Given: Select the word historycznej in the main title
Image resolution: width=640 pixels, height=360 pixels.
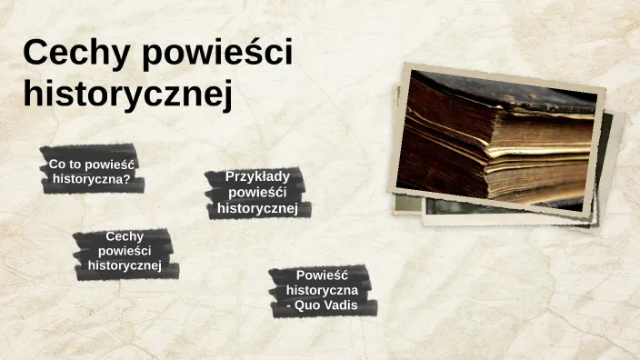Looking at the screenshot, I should click(127, 95).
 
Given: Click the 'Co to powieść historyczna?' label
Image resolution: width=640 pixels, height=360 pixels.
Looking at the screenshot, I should click(91, 171).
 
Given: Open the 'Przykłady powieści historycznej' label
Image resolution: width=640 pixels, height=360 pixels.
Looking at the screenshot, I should click(257, 192).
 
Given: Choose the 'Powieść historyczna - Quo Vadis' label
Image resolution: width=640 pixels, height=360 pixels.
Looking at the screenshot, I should click(322, 290).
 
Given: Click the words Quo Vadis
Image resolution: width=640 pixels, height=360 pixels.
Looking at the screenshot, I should click(326, 305).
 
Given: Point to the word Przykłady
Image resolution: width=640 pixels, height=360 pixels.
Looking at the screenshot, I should click(257, 176).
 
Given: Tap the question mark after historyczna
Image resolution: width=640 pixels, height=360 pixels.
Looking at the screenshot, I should click(127, 179).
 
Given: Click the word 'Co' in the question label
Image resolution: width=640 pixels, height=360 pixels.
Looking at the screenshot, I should click(57, 165).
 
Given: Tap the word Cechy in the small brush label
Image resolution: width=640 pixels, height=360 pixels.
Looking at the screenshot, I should click(125, 236).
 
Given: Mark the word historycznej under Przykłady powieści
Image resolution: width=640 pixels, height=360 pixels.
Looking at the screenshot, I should click(257, 208).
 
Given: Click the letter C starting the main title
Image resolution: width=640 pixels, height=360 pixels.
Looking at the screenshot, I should click(35, 54).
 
